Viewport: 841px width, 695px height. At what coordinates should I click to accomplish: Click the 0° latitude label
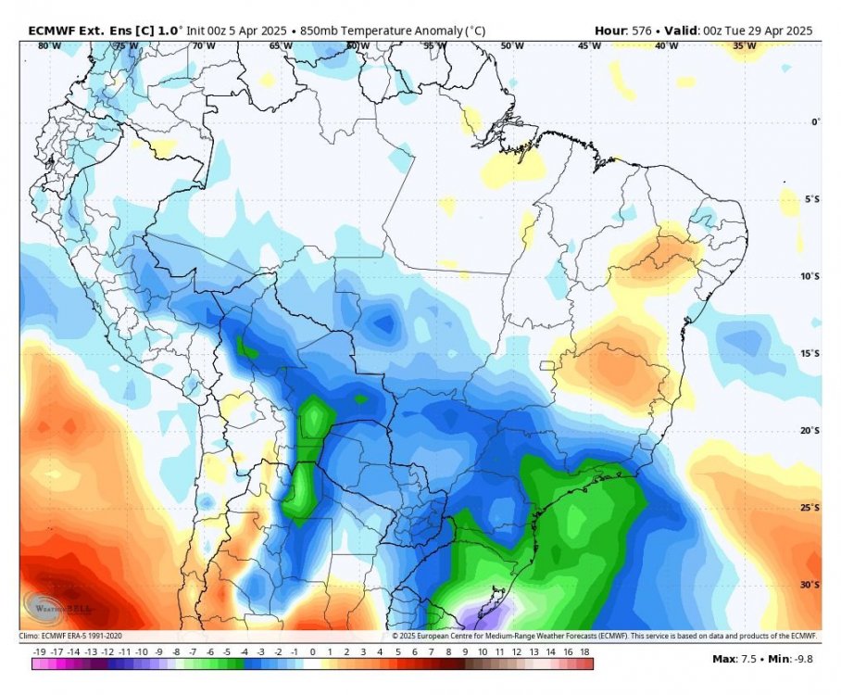click(x=816, y=121)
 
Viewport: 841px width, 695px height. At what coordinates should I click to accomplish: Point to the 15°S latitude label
click(x=810, y=353)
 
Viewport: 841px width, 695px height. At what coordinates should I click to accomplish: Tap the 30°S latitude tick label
click(x=810, y=585)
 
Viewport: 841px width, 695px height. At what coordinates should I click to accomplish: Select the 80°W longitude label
click(x=38, y=45)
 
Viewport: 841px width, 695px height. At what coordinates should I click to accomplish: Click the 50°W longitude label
click(x=510, y=45)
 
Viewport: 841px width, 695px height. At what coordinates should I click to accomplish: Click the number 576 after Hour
click(x=640, y=31)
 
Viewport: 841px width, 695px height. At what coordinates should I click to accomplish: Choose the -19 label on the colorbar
click(x=38, y=653)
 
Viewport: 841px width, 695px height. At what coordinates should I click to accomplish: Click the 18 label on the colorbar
click(x=585, y=653)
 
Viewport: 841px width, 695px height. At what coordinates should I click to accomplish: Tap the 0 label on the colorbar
click(x=312, y=653)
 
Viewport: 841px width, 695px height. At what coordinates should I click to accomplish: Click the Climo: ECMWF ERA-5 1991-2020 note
click(x=70, y=636)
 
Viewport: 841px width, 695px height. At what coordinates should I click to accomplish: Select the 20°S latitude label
click(x=810, y=431)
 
